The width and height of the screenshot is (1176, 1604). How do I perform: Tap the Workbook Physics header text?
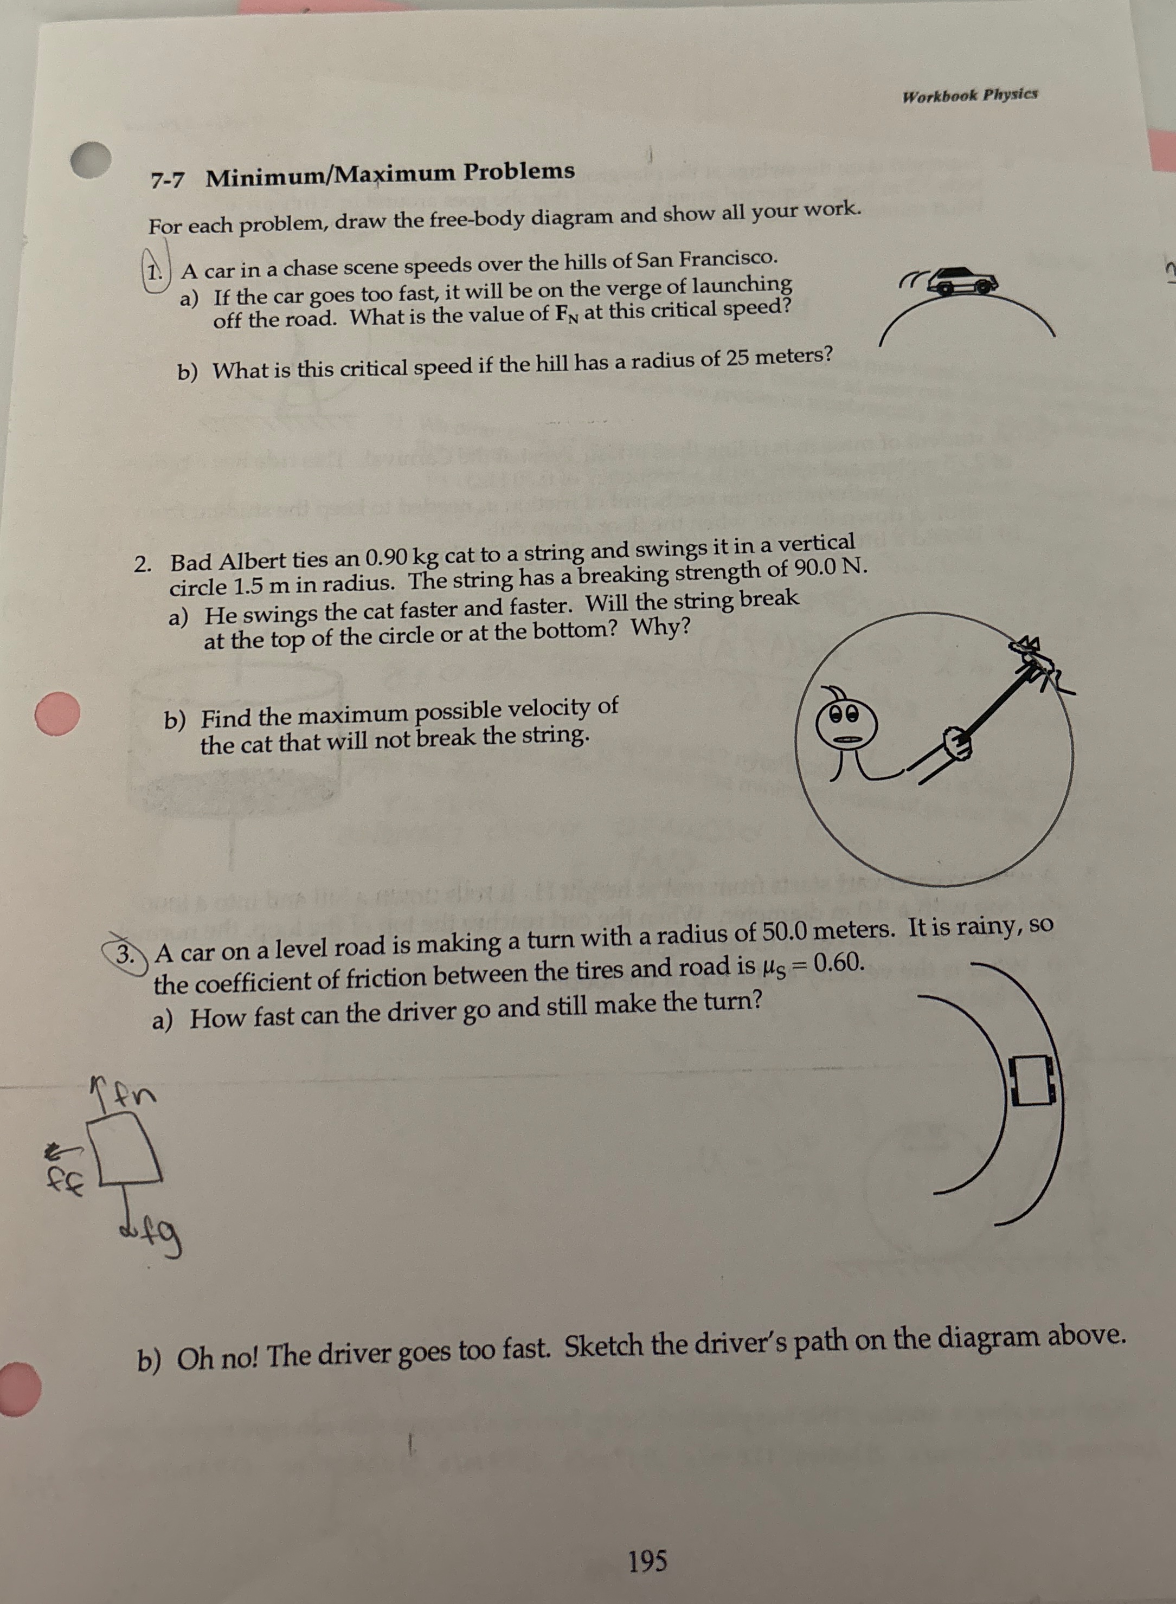tap(969, 95)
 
